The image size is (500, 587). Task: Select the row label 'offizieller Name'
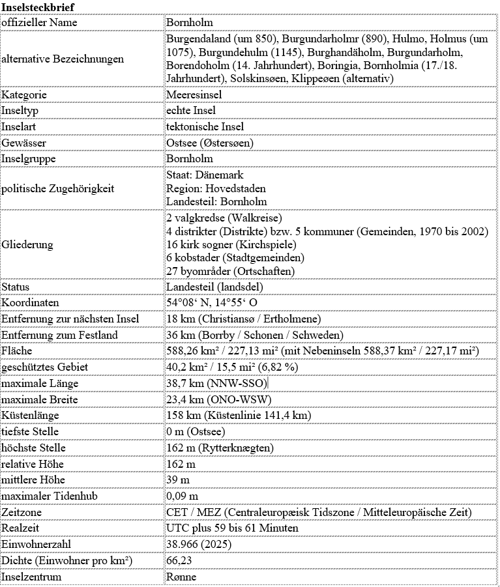[x=40, y=23]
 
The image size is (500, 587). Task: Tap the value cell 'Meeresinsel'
[x=194, y=95]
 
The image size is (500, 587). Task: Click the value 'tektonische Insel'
[x=205, y=126]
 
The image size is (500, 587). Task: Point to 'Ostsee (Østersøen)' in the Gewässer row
[x=210, y=143]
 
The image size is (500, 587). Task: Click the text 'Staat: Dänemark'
[x=205, y=175]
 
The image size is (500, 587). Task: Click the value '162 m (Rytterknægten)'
[x=220, y=448]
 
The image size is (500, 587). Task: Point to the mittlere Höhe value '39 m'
[x=177, y=480]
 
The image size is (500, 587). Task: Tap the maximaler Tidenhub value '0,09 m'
[x=183, y=496]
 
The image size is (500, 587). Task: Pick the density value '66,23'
[x=181, y=560]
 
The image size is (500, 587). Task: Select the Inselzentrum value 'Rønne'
[x=181, y=577]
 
